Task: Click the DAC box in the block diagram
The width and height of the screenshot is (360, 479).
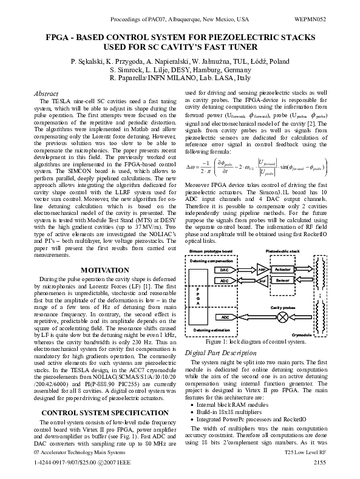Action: click(x=224, y=269)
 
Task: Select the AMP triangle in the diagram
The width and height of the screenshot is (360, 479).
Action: click(x=262, y=269)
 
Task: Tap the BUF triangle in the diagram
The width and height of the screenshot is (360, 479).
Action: click(x=262, y=281)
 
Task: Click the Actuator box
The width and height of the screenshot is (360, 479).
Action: click(x=283, y=269)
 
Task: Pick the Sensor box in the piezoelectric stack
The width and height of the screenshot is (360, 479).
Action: click(x=283, y=281)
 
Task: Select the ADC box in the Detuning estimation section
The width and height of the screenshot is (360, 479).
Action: click(x=224, y=317)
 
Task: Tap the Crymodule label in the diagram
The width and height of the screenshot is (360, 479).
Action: click(x=301, y=334)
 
